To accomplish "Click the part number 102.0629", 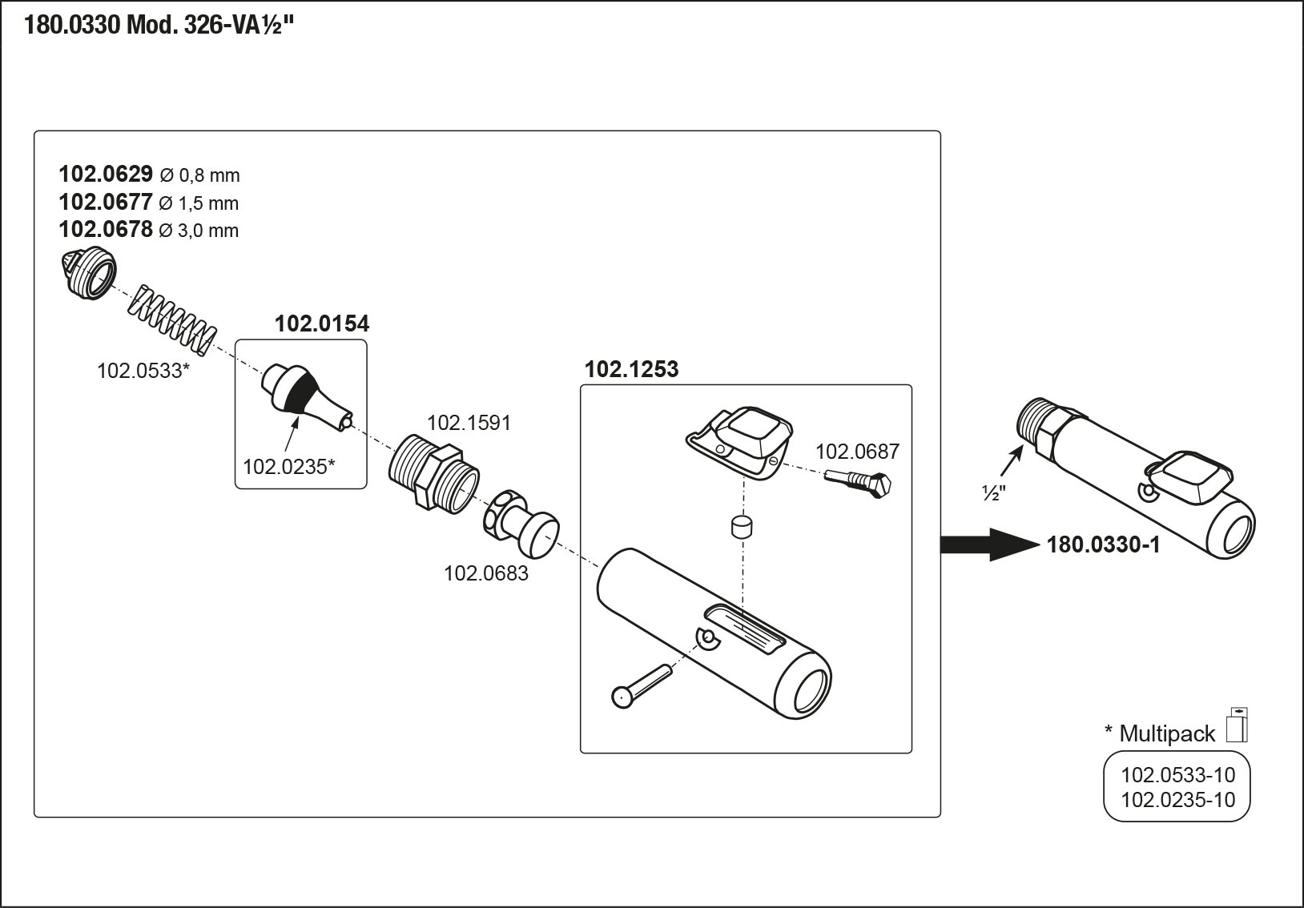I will pos(105,175).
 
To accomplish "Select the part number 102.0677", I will pos(105,202).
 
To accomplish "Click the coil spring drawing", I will pos(173,320).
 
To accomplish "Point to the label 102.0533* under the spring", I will pos(143,371).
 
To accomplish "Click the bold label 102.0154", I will pos(322,323).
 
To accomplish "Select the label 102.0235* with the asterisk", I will pos(288,466).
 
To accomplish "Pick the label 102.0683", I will pos(486,573).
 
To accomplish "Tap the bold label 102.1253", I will pos(631,369).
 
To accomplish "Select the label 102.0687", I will pos(857,452).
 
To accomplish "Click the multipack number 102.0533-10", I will pos(1177,774).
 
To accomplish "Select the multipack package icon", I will pos(1237,725).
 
